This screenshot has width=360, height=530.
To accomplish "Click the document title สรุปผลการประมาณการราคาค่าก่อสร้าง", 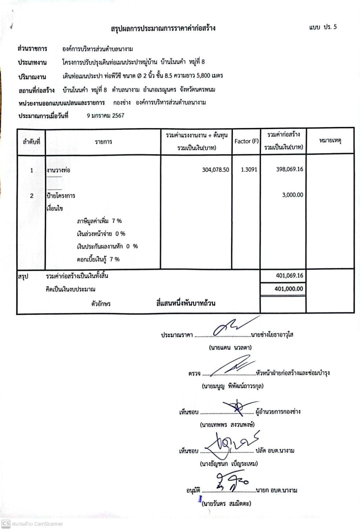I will tap(163, 28).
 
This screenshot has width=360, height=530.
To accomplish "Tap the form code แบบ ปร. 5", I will tap(322, 27).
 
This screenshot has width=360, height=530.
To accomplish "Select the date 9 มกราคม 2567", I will tap(105, 115).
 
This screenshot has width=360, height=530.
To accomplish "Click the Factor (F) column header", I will tap(246, 141).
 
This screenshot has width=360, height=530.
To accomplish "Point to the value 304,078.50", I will tap(215, 170).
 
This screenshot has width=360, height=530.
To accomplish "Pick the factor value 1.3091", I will tap(249, 169).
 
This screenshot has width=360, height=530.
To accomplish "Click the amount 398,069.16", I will tap(289, 169).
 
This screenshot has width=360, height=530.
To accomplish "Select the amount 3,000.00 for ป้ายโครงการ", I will tap(292, 195).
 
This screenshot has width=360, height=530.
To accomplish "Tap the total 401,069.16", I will tap(289, 276).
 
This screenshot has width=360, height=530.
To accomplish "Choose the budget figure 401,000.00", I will tap(289, 289).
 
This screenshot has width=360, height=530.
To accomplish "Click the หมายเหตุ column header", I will tap(330, 140).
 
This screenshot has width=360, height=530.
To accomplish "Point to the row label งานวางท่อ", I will tap(58, 170).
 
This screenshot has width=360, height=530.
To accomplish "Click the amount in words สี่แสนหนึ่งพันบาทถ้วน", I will tap(186, 303).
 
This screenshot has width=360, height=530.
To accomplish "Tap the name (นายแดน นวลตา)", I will tap(230, 348).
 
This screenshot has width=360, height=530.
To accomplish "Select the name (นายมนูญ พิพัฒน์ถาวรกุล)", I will tap(232, 386).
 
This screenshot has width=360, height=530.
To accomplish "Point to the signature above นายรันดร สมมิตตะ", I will tap(232, 482).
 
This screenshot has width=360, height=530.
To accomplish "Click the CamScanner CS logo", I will tap(6, 524).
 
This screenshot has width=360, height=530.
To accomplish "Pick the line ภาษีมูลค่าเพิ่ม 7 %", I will tap(99, 221).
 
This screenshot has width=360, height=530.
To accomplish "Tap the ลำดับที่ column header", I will tap(31, 141).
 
